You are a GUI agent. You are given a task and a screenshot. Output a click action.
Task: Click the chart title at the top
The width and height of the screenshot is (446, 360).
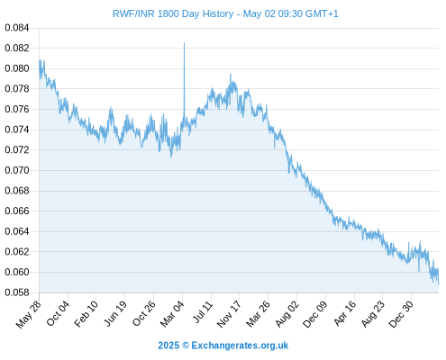coord(225,13)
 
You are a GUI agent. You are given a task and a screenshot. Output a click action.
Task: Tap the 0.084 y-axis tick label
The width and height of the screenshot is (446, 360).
coord(17,28)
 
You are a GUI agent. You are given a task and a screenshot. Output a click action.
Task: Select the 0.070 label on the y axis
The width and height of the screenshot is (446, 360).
coord(17,170)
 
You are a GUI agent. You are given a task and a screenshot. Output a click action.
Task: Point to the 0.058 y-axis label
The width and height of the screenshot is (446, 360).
coord(17,292)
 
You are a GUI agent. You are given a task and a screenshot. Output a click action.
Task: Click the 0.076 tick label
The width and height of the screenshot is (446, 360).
coord(17,109)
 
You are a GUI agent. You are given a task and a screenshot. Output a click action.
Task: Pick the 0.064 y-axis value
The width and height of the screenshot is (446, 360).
coord(17,231)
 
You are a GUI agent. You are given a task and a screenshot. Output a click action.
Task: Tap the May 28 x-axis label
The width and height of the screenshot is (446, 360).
coord(29,314)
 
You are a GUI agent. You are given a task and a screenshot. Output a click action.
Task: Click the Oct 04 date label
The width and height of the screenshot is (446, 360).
coord(58,313)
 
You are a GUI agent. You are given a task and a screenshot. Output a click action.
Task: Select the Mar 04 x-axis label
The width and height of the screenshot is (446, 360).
coord(172,314)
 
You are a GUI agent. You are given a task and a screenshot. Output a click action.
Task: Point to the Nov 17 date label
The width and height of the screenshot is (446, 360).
coord(229,314)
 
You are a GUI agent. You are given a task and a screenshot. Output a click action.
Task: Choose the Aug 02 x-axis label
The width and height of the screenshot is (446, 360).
coord(287,314)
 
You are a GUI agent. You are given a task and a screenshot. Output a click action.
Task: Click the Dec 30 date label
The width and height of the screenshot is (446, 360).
coord(401,314)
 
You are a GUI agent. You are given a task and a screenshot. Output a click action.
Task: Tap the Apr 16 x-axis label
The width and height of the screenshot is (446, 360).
coord(345,313)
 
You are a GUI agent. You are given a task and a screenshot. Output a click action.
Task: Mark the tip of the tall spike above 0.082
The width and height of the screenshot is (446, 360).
coord(184,43)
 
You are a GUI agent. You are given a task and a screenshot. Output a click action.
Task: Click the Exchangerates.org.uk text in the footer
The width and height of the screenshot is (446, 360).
coord(240,346)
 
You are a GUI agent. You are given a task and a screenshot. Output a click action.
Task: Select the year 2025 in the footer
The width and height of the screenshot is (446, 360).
coord(168,346)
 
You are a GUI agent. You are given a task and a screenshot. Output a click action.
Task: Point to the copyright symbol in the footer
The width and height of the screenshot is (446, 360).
coord(186,346)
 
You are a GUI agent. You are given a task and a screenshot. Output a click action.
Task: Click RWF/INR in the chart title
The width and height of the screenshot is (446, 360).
coord(133,13)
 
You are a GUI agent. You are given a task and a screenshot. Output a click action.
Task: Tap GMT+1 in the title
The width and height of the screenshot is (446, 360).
coord(322,13)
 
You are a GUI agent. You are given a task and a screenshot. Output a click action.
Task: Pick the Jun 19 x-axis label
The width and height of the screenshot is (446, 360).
coord(115,314)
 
